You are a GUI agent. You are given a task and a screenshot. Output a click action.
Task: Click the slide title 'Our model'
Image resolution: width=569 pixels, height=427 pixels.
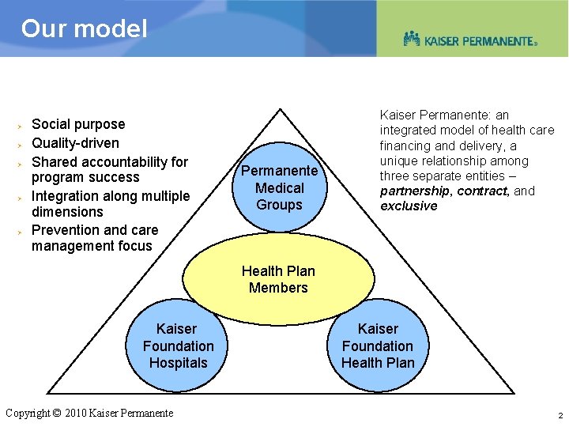point(84,29)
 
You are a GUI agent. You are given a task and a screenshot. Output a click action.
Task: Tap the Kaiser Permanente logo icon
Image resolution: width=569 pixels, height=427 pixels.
point(412,38)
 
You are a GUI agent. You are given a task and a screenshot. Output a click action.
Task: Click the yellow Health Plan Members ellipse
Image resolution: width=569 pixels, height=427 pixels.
point(278,279)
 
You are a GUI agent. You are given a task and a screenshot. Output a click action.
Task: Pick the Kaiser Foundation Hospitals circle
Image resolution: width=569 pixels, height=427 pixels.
point(178,346)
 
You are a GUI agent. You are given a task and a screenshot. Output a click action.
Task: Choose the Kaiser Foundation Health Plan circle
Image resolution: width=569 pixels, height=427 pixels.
point(378,346)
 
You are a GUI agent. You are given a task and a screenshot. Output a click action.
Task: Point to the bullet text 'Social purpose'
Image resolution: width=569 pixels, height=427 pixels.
point(78,124)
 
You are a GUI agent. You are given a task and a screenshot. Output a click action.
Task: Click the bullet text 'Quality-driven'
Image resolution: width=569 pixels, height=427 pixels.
point(75,143)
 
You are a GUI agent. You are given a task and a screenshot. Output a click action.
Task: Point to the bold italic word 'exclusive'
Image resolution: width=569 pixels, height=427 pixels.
point(409,206)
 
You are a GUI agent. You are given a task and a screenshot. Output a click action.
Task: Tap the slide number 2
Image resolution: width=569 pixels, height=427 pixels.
point(560,415)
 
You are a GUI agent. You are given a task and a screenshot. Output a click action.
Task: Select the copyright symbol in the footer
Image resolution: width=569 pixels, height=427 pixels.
point(56,413)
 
